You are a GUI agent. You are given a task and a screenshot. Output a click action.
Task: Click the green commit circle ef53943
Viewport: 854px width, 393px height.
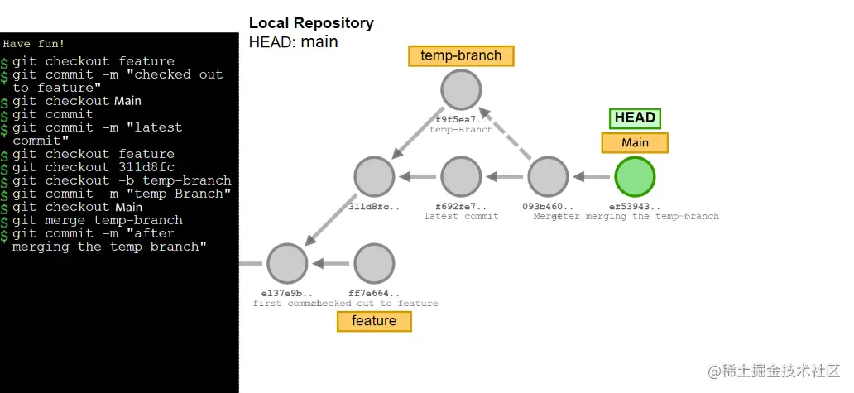[x=635, y=176]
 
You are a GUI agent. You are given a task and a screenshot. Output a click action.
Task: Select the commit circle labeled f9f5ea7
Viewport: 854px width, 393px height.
[x=461, y=90]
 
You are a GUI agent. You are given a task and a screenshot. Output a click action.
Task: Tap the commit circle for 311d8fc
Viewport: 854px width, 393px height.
[x=374, y=176]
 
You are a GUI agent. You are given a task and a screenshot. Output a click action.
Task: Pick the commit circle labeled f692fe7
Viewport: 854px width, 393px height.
[x=461, y=176]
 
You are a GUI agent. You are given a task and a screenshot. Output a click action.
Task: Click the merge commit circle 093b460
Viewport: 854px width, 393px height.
[x=547, y=176]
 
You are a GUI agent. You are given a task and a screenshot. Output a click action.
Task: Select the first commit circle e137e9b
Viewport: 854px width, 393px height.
[x=287, y=263]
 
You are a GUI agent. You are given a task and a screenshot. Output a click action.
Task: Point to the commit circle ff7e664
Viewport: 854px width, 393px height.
[x=374, y=263]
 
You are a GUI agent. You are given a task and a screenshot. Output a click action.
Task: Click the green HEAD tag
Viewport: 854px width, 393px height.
[x=635, y=118]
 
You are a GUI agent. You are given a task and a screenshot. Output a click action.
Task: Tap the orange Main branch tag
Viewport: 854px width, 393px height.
[x=635, y=142]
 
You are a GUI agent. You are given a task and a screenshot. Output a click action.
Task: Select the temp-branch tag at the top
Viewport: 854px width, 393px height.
[x=461, y=55]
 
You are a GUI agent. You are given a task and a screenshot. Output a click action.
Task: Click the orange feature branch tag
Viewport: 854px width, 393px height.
[x=374, y=321]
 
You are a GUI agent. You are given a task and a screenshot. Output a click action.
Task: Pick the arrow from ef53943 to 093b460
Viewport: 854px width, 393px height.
[x=591, y=176]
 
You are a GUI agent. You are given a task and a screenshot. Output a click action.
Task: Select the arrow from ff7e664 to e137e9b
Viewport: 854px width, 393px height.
[x=331, y=263]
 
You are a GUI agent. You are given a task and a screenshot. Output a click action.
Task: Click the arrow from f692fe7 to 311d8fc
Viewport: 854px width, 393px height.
[x=418, y=176]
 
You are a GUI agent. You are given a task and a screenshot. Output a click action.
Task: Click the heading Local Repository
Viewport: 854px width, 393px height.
[x=311, y=23]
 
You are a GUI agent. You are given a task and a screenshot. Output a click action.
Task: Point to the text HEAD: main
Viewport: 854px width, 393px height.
[x=293, y=41]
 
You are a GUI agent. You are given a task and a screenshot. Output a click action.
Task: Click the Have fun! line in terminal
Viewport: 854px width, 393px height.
[x=33, y=43]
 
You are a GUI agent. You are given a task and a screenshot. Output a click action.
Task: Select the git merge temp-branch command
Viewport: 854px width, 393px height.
[x=97, y=220]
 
